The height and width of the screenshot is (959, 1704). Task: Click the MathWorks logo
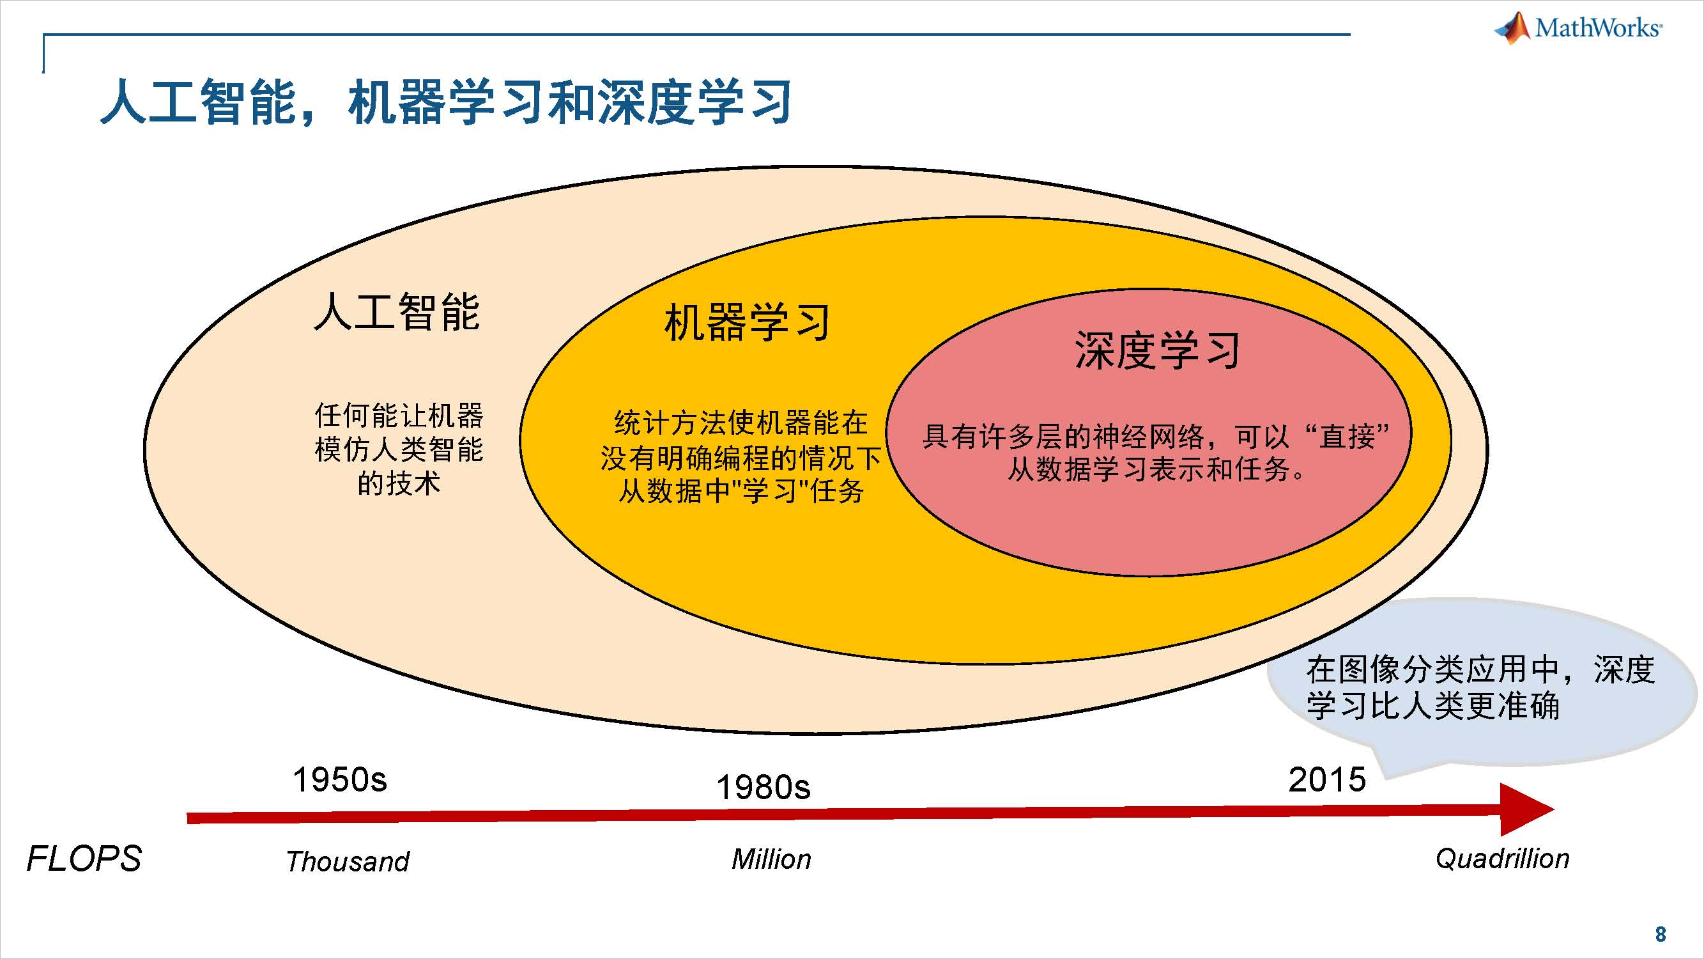click(x=1578, y=27)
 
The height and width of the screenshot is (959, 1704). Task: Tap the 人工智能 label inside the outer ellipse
click(x=397, y=313)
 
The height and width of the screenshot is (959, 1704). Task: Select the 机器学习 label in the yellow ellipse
click(x=747, y=323)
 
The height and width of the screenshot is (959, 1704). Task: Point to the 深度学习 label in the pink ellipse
click(x=1157, y=351)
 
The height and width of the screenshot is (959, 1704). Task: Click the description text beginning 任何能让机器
click(x=399, y=449)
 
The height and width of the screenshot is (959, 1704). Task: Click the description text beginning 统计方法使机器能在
click(x=741, y=457)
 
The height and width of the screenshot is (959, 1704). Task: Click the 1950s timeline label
click(x=339, y=779)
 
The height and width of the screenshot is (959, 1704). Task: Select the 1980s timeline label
click(x=764, y=788)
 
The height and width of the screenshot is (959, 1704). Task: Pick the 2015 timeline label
click(x=1327, y=779)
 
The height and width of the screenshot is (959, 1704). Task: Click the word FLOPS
click(x=84, y=859)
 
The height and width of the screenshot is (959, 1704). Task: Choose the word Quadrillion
click(x=1502, y=859)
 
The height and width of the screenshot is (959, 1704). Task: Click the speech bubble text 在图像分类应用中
click(x=1479, y=688)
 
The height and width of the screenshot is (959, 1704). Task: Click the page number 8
click(x=1661, y=934)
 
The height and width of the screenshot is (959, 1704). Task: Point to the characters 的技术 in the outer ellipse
click(x=399, y=484)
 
